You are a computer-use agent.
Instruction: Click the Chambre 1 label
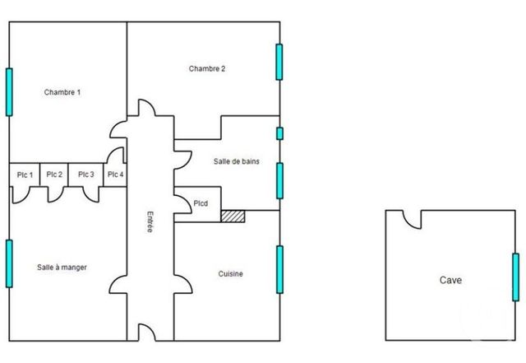(62, 92)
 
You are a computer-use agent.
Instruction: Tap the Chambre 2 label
(207, 68)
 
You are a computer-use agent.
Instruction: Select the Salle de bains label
(236, 161)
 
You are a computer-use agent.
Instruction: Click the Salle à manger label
(62, 267)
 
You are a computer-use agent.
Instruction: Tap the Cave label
(450, 280)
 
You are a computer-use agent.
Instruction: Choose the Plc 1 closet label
(25, 175)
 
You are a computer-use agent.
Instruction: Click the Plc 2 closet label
(54, 175)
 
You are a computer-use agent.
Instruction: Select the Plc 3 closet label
(85, 175)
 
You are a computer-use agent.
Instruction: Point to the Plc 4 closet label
(114, 175)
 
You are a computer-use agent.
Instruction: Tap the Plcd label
(201, 203)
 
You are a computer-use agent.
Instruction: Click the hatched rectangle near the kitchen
(233, 215)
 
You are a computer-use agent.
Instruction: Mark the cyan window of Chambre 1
(10, 91)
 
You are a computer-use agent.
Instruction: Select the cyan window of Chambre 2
(279, 62)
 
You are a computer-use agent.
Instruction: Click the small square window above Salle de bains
(279, 133)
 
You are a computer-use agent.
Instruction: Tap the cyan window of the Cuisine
(279, 268)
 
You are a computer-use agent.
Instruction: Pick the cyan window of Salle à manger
(10, 263)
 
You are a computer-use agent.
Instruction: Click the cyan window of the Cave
(515, 277)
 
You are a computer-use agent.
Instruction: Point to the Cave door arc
(411, 220)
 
